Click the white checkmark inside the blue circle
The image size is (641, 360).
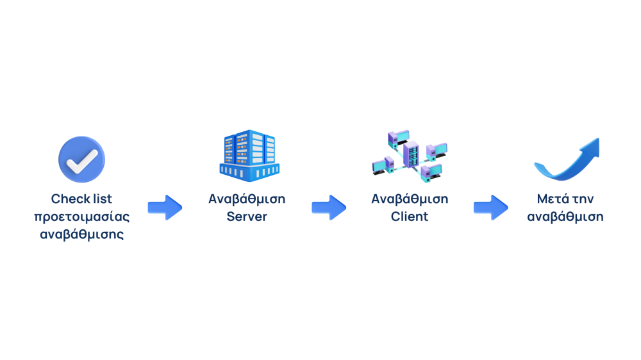[81, 160]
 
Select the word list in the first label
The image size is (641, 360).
[101, 199]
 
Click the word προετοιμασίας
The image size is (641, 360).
[81, 217]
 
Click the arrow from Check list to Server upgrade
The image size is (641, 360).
[165, 208]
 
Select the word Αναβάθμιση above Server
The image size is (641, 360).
[247, 199]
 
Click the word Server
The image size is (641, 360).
[247, 217]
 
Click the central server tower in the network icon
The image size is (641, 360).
[410, 154]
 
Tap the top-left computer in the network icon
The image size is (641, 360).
[397, 136]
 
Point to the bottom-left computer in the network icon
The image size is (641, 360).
[383, 164]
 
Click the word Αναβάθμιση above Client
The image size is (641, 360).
[410, 199]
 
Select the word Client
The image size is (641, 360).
[410, 217]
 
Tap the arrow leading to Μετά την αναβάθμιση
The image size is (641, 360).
[490, 208]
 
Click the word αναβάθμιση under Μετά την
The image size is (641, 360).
[565, 217]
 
